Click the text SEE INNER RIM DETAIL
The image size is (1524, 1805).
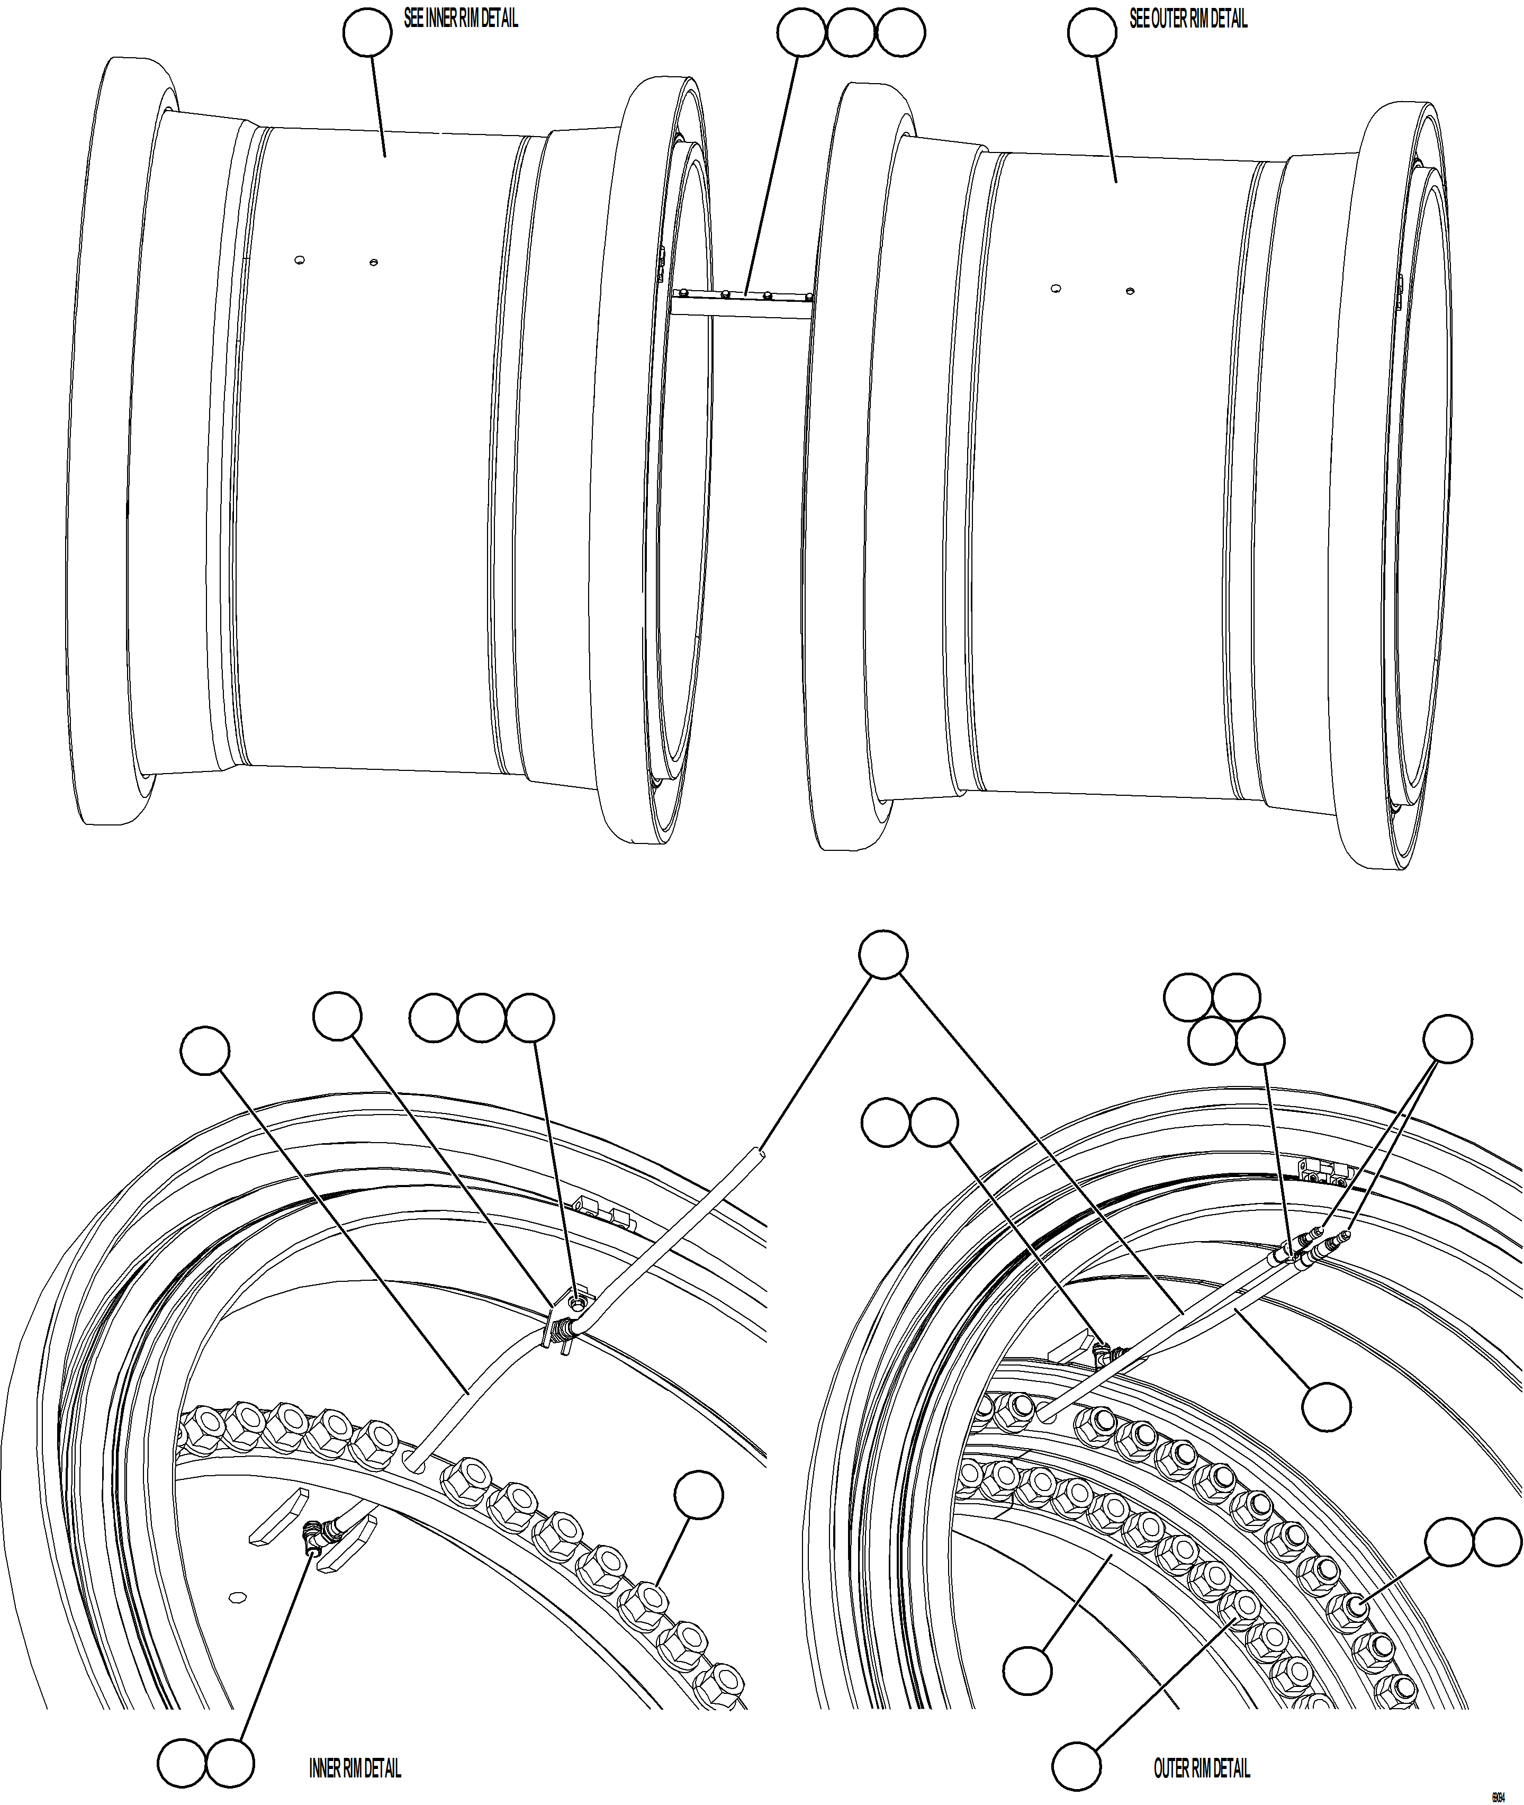(461, 19)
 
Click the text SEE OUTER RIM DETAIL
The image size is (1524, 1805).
(1188, 19)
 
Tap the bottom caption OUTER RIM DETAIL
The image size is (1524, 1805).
(1202, 1768)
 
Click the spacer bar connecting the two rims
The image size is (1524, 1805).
(741, 302)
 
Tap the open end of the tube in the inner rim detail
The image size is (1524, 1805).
(758, 1153)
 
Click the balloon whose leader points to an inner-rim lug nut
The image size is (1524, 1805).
(699, 1495)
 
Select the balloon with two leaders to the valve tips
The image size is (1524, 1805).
(1448, 1039)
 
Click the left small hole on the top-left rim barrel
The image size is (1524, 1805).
(300, 260)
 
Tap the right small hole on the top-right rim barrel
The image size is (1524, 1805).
(1130, 291)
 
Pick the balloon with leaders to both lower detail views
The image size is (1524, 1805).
(883, 954)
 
